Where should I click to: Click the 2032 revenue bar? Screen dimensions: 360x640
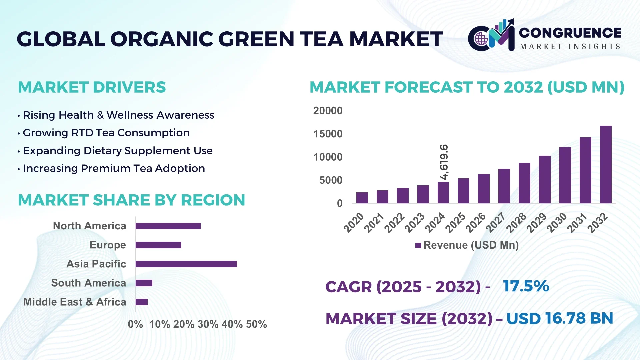606,165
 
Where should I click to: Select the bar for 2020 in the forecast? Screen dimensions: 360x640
362,198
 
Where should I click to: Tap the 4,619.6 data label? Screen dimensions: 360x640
444,162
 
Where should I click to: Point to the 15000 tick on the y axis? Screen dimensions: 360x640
328,134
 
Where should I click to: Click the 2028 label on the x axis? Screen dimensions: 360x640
516,223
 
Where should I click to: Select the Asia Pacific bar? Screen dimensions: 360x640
186,264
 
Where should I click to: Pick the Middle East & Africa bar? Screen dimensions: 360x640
142,302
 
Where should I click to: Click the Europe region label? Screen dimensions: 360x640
108,245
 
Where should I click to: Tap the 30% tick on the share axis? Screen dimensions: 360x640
208,324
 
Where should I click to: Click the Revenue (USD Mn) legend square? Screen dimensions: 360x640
418,245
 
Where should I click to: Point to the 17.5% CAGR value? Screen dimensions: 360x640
526,286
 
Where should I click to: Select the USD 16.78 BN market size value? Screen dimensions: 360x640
560,318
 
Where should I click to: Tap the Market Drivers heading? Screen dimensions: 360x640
92,87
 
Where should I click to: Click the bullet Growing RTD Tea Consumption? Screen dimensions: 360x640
106,133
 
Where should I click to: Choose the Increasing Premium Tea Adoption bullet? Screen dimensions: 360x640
114,168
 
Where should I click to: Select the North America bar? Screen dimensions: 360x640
168,226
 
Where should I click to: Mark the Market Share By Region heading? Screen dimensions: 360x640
131,200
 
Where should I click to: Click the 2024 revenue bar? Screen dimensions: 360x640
443,193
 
